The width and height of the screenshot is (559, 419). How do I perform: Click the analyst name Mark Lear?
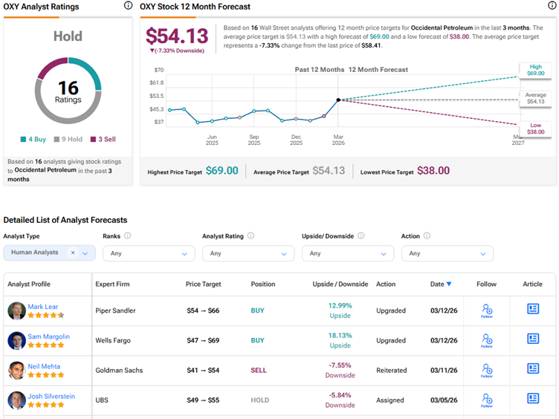44,307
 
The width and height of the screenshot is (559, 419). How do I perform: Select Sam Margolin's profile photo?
16,340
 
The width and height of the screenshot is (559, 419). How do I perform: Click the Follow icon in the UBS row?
487,399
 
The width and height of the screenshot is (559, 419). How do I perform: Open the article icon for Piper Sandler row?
533,309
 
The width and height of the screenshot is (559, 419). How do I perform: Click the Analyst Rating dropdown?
248,253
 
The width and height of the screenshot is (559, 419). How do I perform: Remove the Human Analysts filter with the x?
73,253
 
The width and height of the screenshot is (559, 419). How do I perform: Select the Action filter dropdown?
447,253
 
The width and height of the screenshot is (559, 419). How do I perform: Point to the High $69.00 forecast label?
535,71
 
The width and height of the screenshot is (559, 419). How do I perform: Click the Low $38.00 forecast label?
535,129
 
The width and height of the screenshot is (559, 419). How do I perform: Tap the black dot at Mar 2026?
338,100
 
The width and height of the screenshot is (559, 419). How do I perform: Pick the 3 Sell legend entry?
103,139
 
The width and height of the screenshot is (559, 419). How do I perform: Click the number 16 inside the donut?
68,88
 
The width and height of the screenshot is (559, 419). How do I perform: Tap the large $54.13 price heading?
177,36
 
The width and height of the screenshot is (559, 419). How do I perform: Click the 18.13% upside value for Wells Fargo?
340,336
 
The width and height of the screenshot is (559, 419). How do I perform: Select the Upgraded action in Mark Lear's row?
391,311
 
